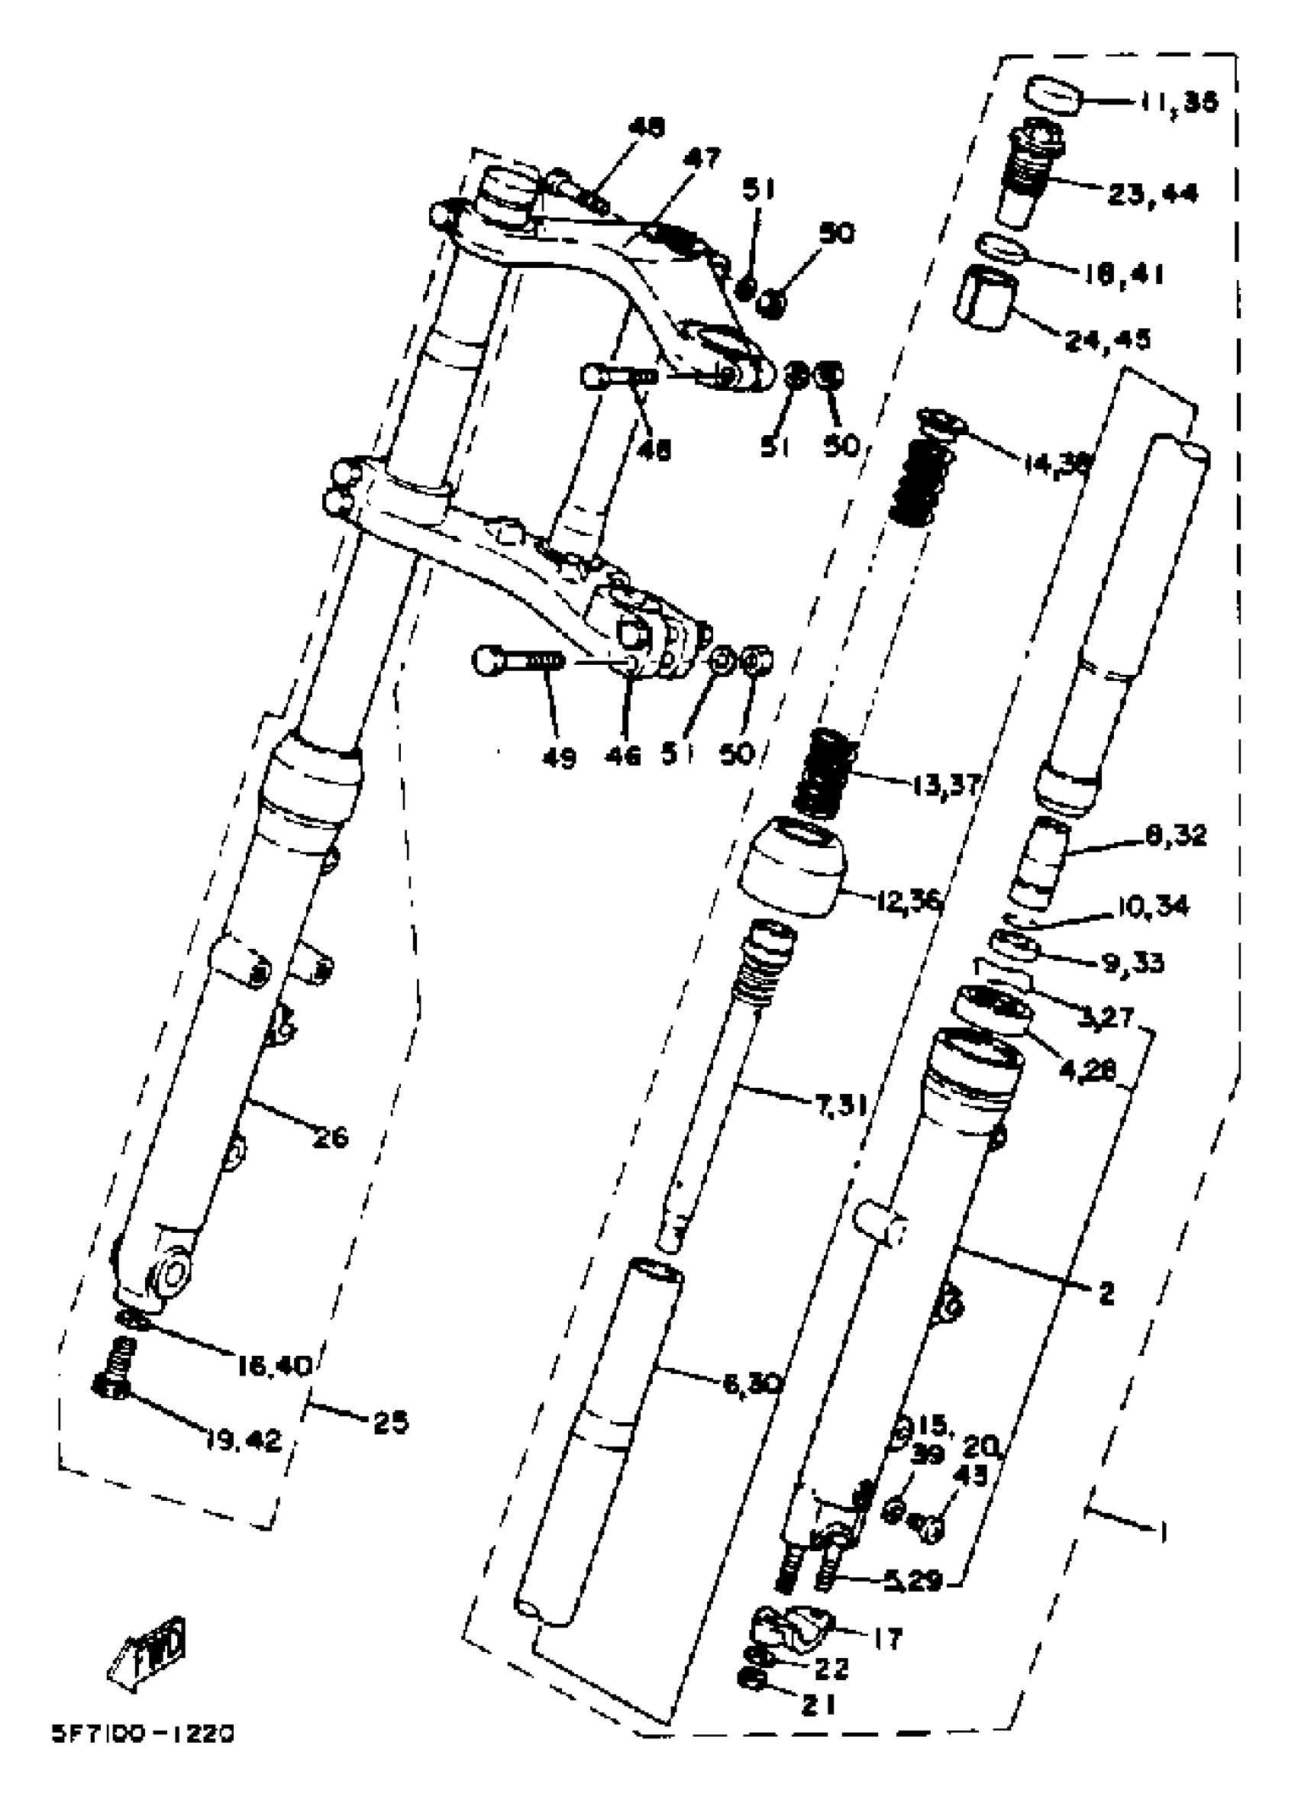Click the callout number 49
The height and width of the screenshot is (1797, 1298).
[560, 757]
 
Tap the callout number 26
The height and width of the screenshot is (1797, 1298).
[331, 1137]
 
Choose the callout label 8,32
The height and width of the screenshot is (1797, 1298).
[1175, 835]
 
